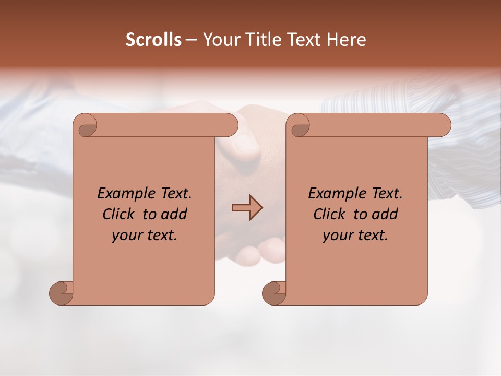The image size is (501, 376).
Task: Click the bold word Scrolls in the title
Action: [153, 40]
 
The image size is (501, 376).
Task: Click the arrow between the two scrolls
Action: [247, 208]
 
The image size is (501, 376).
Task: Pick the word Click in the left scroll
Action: [121, 214]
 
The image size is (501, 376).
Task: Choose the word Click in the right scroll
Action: [331, 214]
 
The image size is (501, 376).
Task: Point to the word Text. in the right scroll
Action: [385, 194]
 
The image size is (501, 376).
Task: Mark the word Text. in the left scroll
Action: [174, 194]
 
